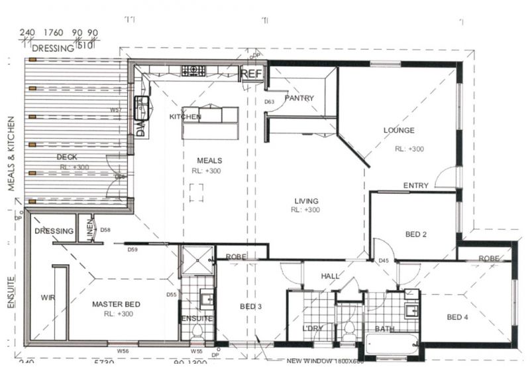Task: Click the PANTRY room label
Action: pyautogui.click(x=299, y=98)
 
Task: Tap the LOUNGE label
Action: pyautogui.click(x=399, y=130)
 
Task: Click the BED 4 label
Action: pyautogui.click(x=457, y=317)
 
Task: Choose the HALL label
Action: pyautogui.click(x=331, y=275)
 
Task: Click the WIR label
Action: pyautogui.click(x=47, y=297)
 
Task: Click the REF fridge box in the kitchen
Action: pyautogui.click(x=252, y=74)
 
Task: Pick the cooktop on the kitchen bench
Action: pyautogui.click(x=193, y=68)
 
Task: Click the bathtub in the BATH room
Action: pyautogui.click(x=392, y=344)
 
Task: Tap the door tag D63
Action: pyautogui.click(x=270, y=102)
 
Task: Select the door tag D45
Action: pyautogui.click(x=384, y=260)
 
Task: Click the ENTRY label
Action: pyautogui.click(x=415, y=185)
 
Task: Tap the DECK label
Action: pyautogui.click(x=66, y=157)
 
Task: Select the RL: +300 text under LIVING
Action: pyautogui.click(x=305, y=210)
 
